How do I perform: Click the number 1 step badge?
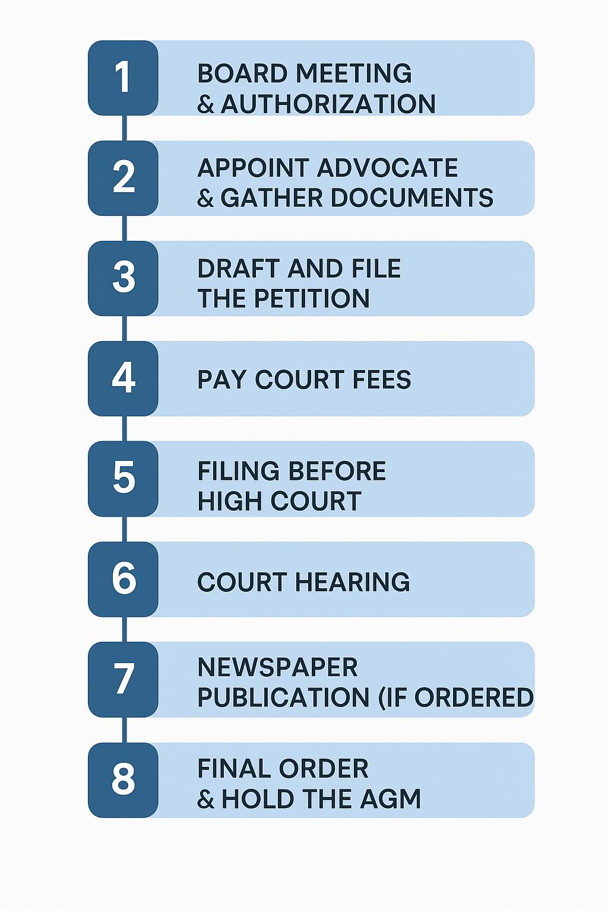click(123, 78)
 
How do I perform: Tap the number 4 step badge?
click(123, 378)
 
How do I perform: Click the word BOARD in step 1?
click(243, 73)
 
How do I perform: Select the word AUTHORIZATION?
click(328, 103)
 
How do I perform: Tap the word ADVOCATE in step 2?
click(387, 168)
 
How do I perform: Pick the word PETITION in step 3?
click(312, 298)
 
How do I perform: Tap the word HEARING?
click(352, 582)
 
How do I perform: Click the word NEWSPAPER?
click(278, 667)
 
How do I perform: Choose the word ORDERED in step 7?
click(474, 697)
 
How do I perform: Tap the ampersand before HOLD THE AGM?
click(205, 799)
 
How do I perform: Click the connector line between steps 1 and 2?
click(124, 128)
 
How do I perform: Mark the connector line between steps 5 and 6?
click(124, 529)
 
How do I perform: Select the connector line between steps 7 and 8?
click(124, 730)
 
